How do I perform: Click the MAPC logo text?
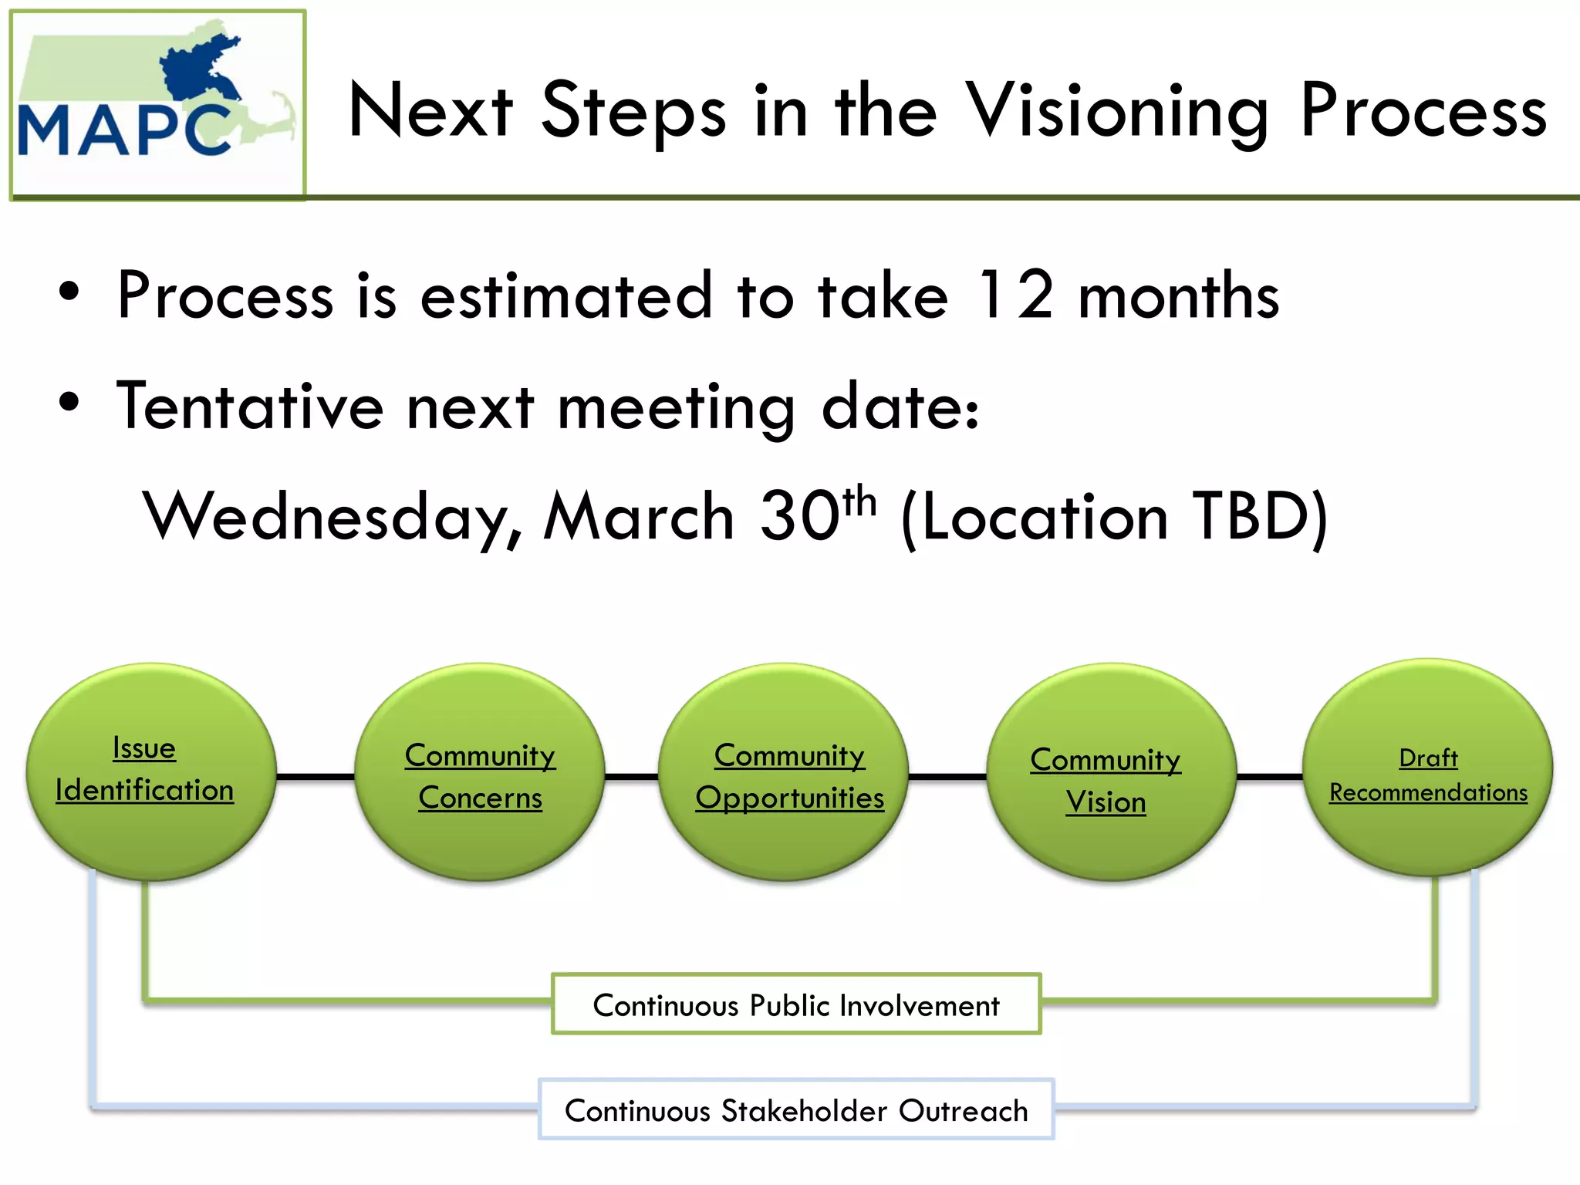coord(123,130)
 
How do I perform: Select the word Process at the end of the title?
coord(1423,112)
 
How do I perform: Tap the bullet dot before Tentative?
coord(69,402)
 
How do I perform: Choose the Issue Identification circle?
coord(150,771)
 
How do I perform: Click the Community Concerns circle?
coord(480,771)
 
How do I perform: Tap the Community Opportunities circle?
coord(788,771)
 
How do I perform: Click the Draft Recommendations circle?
coord(1427,768)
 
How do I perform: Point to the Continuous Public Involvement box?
coord(796,1004)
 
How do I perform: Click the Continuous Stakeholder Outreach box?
coord(796,1110)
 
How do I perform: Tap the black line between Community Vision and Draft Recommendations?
coord(1269,776)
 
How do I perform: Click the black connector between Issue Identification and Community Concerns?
coord(315,776)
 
